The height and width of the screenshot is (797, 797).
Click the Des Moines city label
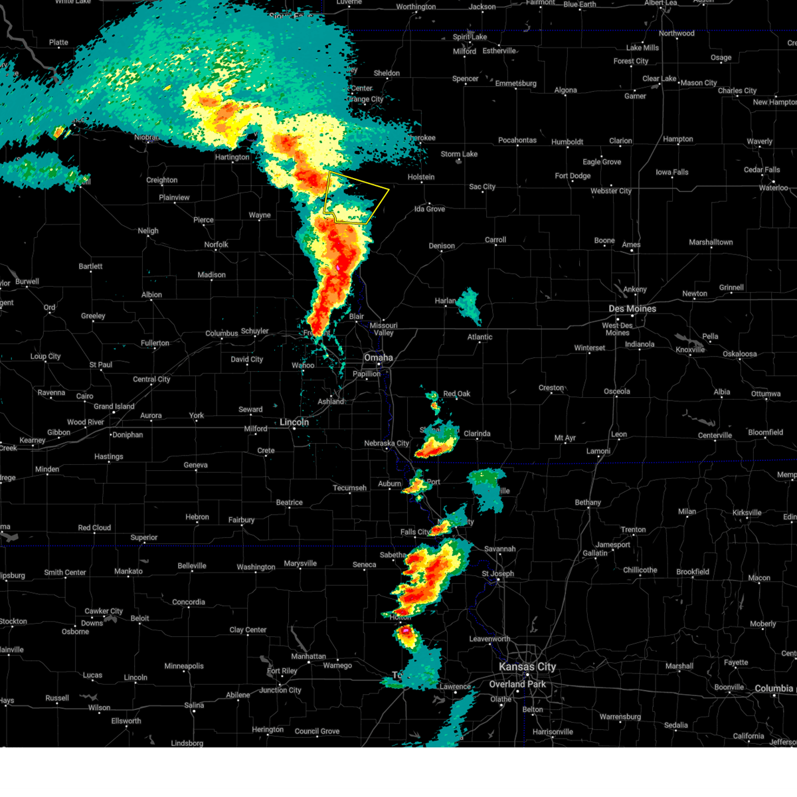[632, 309]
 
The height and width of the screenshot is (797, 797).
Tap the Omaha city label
[378, 358]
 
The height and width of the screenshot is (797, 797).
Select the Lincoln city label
[294, 422]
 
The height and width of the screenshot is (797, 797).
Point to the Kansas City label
[527, 667]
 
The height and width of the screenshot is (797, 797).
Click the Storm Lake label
[459, 154]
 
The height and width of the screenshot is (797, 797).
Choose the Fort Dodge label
[573, 176]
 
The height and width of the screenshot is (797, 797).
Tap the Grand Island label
[114, 406]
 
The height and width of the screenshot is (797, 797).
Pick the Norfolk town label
[216, 244]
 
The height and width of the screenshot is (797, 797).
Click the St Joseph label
[497, 573]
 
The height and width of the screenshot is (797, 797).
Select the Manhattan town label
[308, 656]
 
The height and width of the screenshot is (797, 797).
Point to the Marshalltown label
[711, 242]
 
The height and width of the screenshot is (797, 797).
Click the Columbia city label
[774, 689]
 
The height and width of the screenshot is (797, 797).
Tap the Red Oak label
[456, 394]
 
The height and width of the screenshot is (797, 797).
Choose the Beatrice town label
[289, 503]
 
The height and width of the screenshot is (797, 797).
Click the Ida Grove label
[429, 209]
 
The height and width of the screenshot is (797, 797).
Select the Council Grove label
[317, 731]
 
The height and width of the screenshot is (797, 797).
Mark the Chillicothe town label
[640, 570]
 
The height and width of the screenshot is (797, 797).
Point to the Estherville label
[499, 51]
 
